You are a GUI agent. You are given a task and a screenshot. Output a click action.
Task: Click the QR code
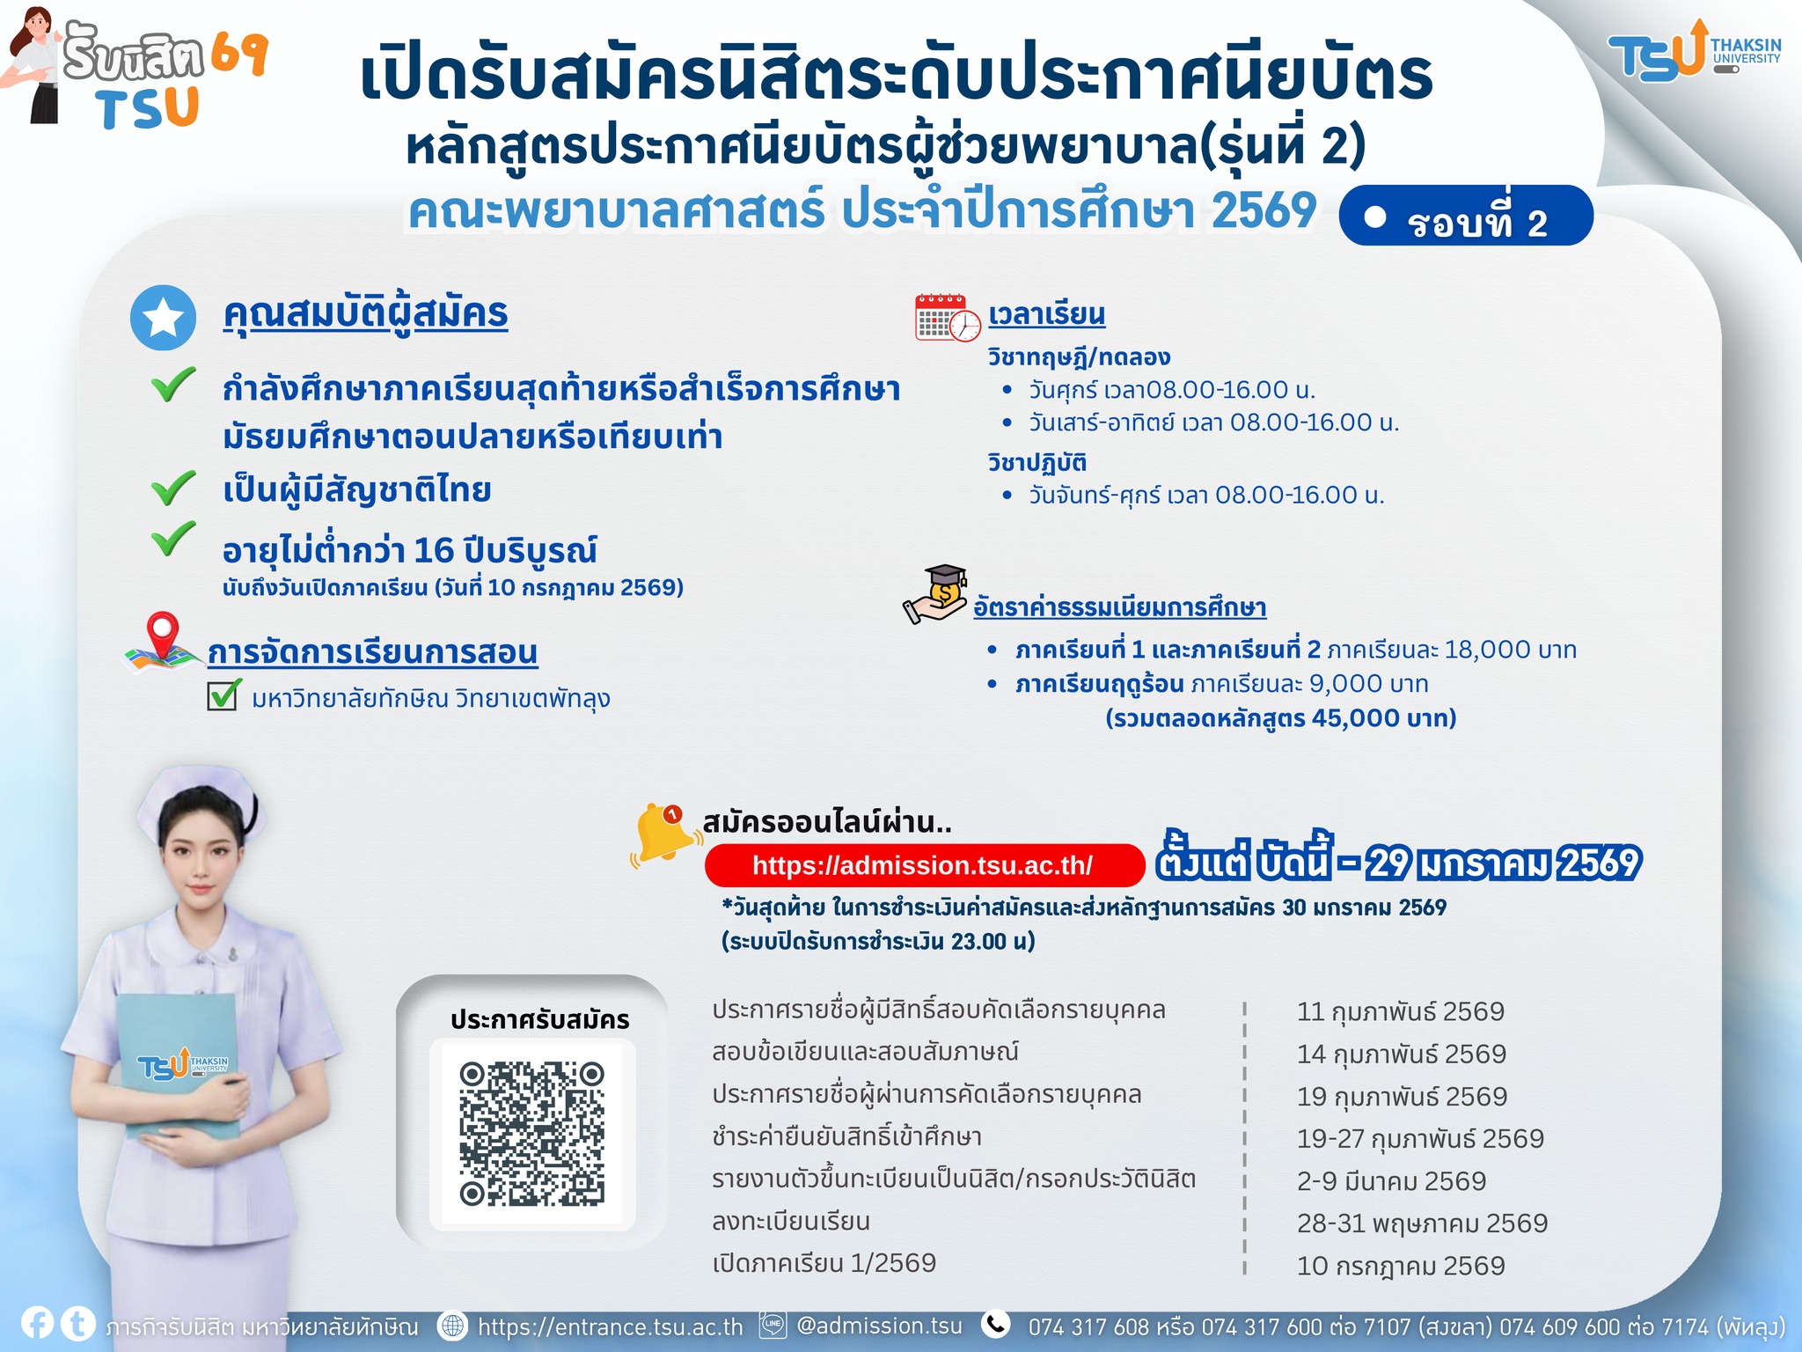click(x=531, y=1134)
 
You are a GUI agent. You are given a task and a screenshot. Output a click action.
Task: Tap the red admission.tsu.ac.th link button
click(x=923, y=865)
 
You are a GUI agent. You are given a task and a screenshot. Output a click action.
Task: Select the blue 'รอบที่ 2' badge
click(x=1466, y=216)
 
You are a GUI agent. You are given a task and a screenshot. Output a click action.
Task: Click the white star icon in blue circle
click(x=163, y=318)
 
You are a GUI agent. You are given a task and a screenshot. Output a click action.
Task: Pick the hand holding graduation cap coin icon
click(x=936, y=595)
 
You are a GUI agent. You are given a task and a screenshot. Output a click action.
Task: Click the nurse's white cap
click(x=198, y=797)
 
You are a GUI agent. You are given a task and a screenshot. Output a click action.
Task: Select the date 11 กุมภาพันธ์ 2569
click(x=1401, y=1012)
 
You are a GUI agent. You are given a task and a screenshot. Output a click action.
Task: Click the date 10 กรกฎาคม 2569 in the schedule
click(x=1401, y=1266)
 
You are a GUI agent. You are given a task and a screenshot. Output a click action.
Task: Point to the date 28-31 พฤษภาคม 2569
click(x=1422, y=1223)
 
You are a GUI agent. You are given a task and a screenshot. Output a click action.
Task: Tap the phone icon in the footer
click(x=996, y=1324)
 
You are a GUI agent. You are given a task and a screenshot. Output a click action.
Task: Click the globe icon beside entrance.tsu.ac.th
click(x=452, y=1326)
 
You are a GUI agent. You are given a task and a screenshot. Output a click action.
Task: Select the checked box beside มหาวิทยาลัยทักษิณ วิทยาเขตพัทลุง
click(x=223, y=695)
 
